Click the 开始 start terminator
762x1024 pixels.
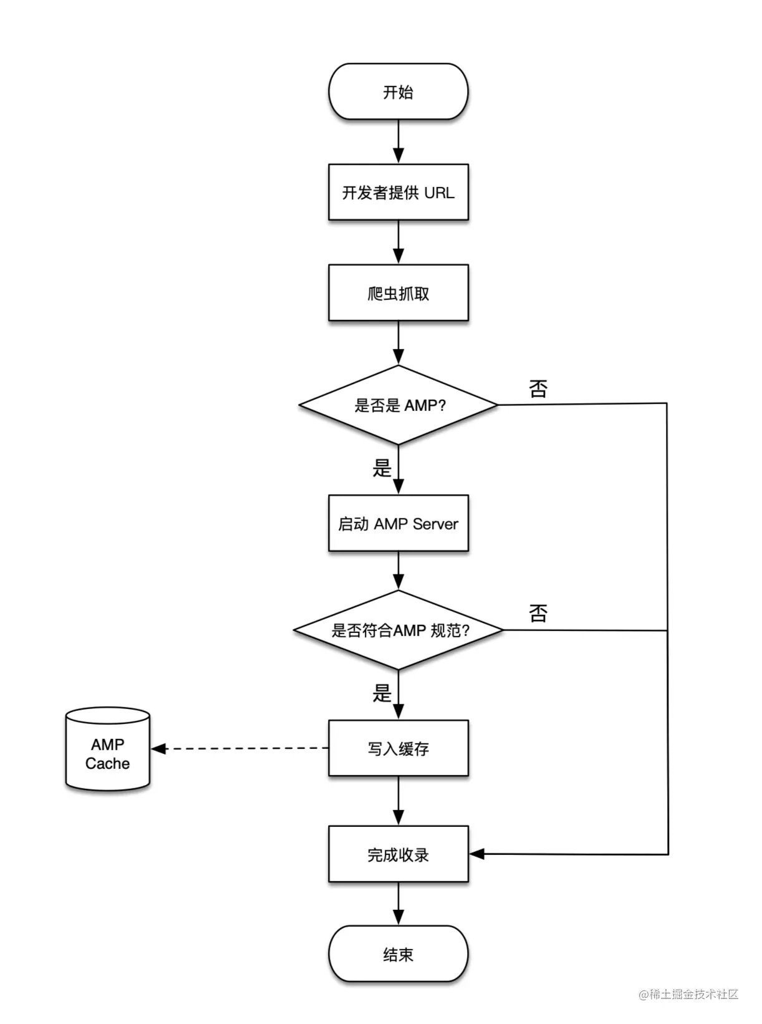point(398,92)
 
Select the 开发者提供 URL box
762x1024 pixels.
point(398,192)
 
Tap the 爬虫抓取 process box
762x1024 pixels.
point(398,292)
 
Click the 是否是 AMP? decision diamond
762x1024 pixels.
point(398,405)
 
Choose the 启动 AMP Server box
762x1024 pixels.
point(398,523)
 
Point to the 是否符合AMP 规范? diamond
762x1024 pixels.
point(398,630)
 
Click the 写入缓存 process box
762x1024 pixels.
point(398,748)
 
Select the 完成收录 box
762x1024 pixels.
point(398,854)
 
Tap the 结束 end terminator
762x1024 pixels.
point(398,954)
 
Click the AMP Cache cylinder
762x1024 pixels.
point(107,750)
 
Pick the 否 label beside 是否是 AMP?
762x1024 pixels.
point(538,389)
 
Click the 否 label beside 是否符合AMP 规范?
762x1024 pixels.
point(538,613)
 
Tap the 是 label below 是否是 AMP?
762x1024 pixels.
point(382,468)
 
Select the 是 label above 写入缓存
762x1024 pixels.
point(382,693)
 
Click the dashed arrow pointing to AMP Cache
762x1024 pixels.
point(243,748)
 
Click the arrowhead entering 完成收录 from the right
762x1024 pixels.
point(477,854)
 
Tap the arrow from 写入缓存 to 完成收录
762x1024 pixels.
point(398,801)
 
